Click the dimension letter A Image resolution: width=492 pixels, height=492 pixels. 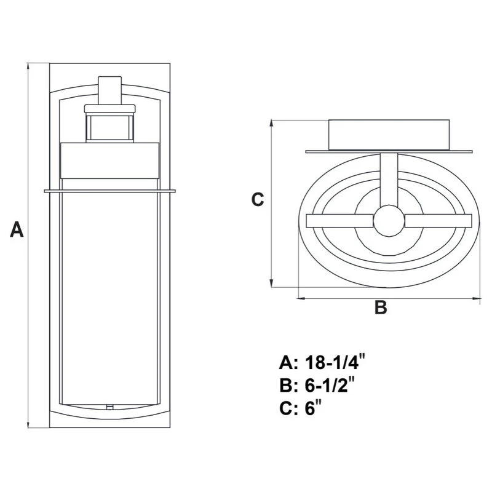pos(17,231)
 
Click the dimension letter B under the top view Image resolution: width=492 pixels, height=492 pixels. pos(381,307)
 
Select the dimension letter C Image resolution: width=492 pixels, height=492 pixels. pos(258,199)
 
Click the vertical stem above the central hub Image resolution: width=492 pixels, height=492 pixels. pos(388,178)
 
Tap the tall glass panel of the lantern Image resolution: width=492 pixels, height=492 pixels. pos(109,295)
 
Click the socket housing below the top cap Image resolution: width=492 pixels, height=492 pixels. pos(109,123)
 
